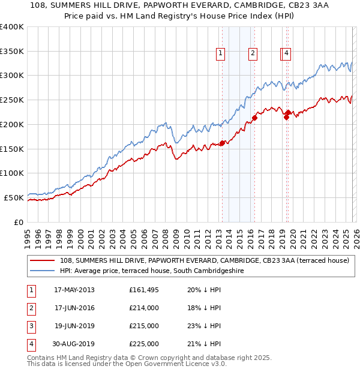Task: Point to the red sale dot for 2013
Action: pos(222,143)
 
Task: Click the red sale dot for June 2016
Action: pos(254,118)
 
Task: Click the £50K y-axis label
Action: pos(14,197)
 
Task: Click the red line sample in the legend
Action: pos(43,260)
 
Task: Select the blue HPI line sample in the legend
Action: pos(43,271)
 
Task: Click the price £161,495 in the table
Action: pos(144,290)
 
